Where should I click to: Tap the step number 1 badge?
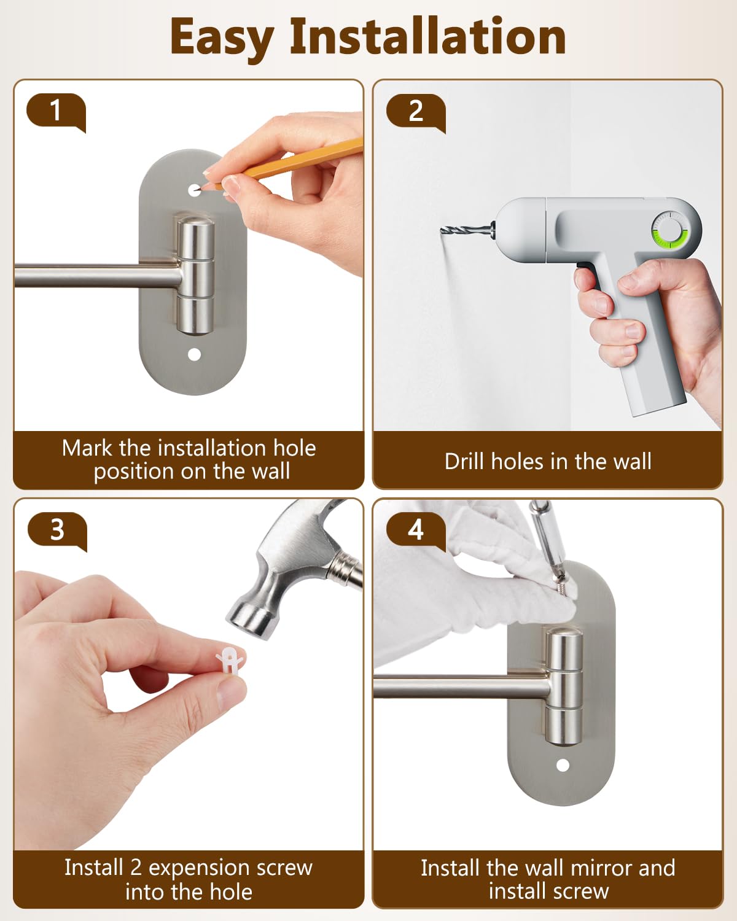[x=56, y=112]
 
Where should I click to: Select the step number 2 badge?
[x=416, y=112]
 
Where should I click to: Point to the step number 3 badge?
[x=57, y=530]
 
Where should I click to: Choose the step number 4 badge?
[x=416, y=530]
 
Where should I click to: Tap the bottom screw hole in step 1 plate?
[x=195, y=354]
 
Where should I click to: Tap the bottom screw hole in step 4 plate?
[x=563, y=765]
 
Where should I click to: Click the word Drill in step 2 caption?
[x=464, y=461]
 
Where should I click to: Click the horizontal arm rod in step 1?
[x=98, y=276]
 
